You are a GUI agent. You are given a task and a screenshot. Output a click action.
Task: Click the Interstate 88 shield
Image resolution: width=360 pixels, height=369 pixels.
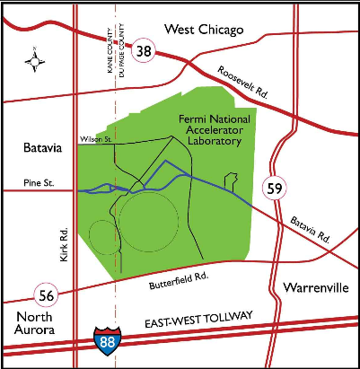point(105,339)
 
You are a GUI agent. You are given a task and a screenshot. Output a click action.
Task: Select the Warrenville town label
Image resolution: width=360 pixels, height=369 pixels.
point(313,287)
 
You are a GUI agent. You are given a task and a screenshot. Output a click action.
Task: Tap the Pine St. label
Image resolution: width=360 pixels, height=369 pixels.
point(40,184)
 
